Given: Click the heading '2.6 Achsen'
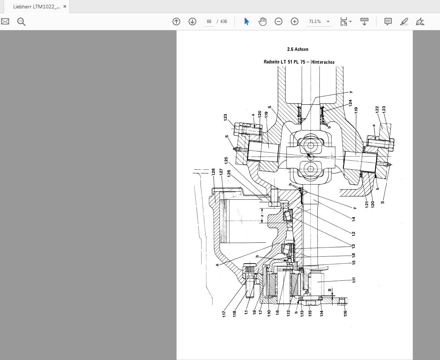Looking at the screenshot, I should [x=298, y=49].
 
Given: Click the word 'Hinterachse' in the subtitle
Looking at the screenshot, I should [x=323, y=62].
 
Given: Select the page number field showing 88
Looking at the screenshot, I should [x=209, y=22].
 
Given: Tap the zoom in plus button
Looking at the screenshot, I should [x=295, y=22].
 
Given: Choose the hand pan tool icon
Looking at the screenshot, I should [x=263, y=22].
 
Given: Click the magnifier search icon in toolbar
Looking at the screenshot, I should [x=21, y=22].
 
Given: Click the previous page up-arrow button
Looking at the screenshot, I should [x=176, y=22].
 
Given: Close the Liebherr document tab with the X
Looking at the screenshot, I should [x=65, y=7].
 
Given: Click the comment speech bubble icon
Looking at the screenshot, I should [x=388, y=22].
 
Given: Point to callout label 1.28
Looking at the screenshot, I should [x=213, y=172].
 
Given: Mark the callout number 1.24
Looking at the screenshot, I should [x=350, y=103].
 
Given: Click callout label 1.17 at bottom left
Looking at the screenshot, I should [x=224, y=313].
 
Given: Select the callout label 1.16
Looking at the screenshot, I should [x=345, y=313].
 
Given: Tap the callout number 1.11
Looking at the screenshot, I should [x=354, y=280].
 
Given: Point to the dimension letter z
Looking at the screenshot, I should [x=262, y=215].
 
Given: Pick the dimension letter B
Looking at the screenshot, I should [x=330, y=290].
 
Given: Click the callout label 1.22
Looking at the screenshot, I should [x=377, y=110].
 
